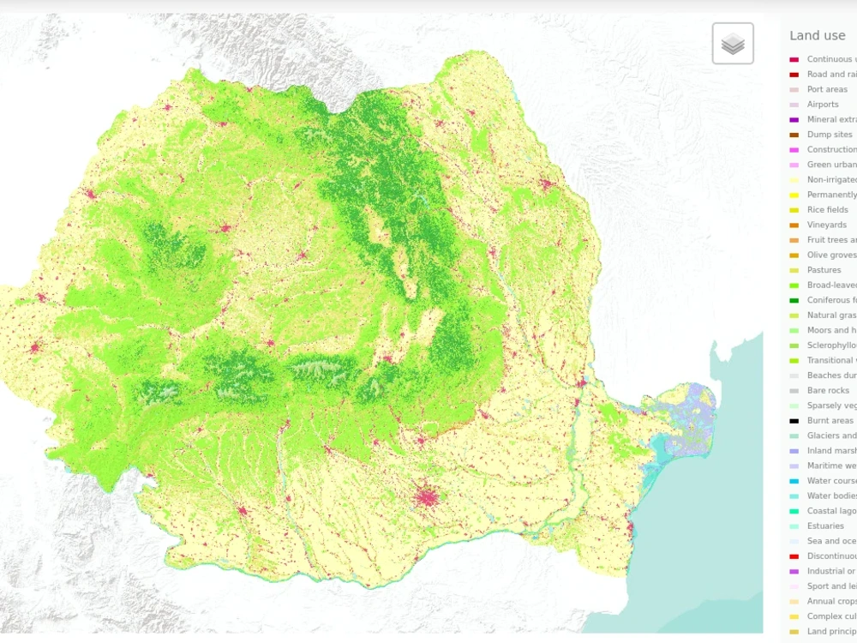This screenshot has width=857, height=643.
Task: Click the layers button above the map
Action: click(x=733, y=44)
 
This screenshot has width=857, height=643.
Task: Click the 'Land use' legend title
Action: click(x=818, y=36)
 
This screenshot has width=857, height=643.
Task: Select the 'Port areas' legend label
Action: click(x=827, y=89)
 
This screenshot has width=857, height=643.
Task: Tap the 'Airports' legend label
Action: click(x=823, y=105)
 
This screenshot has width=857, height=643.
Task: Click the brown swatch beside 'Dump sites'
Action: click(x=794, y=135)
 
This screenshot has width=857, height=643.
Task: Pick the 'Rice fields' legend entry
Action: click(x=828, y=210)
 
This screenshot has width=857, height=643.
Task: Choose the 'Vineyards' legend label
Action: click(x=827, y=225)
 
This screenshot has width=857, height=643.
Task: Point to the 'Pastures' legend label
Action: click(x=824, y=270)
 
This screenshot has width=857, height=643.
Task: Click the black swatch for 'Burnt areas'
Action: click(x=794, y=421)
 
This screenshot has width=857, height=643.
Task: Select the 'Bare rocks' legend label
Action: click(x=828, y=391)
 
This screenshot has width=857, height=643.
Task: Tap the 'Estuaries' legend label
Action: click(x=825, y=526)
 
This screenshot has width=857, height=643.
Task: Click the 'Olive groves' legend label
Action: click(x=830, y=255)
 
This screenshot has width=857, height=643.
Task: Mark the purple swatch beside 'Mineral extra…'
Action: click(x=794, y=120)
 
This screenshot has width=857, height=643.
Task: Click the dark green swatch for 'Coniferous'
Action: click(x=794, y=300)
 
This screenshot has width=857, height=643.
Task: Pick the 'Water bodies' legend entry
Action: click(x=830, y=496)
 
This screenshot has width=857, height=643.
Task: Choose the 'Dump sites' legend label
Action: click(x=830, y=135)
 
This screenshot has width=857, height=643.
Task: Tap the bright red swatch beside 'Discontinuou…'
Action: click(x=794, y=556)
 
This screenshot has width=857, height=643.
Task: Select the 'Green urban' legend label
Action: click(x=830, y=165)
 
